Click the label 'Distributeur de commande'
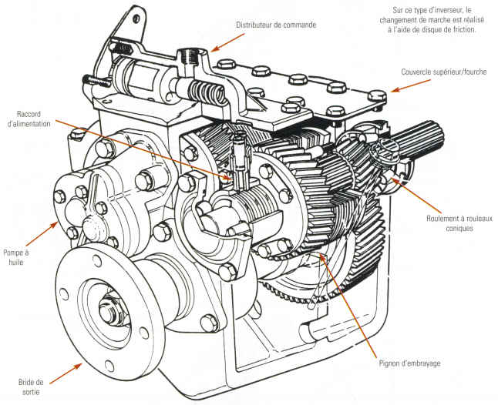pos(275,25)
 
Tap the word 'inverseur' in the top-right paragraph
pos(448,11)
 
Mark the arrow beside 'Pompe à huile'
pos(49,226)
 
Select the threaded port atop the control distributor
pos(187,55)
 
